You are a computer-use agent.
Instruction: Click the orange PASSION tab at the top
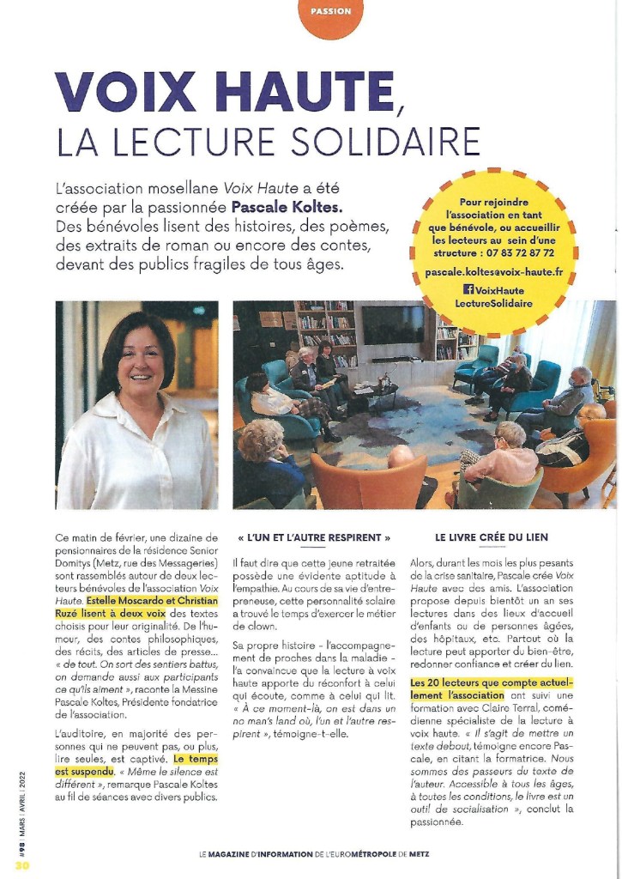(x=328, y=12)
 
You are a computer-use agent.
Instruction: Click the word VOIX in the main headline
(x=124, y=93)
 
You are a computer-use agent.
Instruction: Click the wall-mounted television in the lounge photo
(x=392, y=325)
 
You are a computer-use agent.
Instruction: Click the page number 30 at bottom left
(x=21, y=865)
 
